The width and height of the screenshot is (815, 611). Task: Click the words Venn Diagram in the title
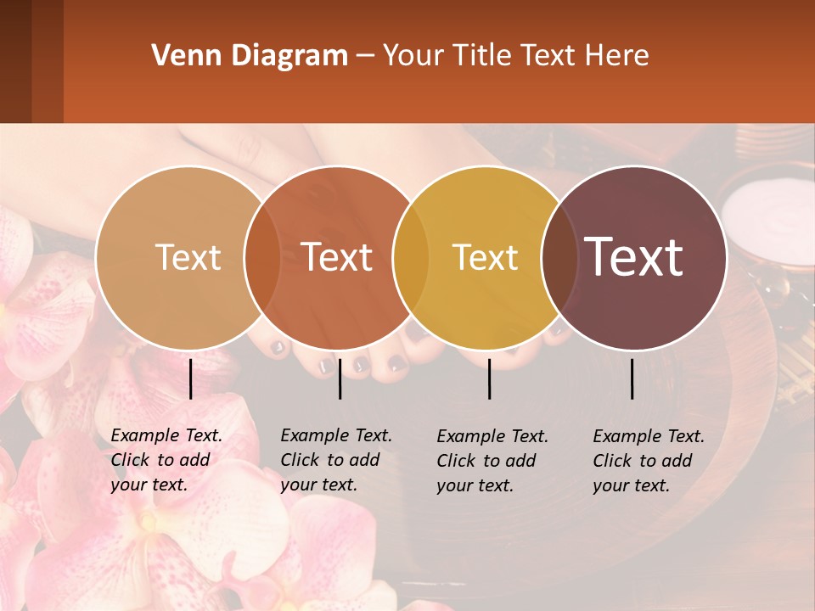[x=250, y=56]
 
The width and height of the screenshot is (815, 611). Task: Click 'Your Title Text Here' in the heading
[x=515, y=56]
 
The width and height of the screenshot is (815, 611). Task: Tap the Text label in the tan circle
[x=188, y=257]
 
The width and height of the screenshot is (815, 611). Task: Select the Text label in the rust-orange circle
[x=337, y=257]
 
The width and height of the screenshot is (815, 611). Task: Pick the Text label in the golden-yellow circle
[x=485, y=257]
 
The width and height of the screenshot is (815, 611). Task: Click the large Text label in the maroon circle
[x=634, y=257]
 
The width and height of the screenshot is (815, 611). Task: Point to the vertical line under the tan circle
[x=190, y=378]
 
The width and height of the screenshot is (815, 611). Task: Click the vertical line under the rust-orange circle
[x=340, y=378]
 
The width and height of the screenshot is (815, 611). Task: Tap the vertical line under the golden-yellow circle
[x=490, y=378]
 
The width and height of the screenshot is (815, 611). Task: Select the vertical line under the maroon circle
[x=632, y=378]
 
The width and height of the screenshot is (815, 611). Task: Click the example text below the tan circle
[x=166, y=460]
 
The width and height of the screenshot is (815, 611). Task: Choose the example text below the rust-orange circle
[x=336, y=460]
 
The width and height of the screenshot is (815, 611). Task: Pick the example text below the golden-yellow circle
[x=492, y=461]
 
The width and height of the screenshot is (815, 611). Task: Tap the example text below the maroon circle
[x=649, y=461]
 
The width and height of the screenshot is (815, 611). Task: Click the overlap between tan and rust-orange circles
[x=262, y=257]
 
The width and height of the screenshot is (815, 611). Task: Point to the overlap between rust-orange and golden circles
[x=411, y=257]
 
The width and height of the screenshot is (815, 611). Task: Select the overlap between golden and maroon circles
[x=558, y=257]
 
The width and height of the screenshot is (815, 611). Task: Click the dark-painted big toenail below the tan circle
[x=279, y=346]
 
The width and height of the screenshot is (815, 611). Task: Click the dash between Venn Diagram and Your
[x=365, y=57]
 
